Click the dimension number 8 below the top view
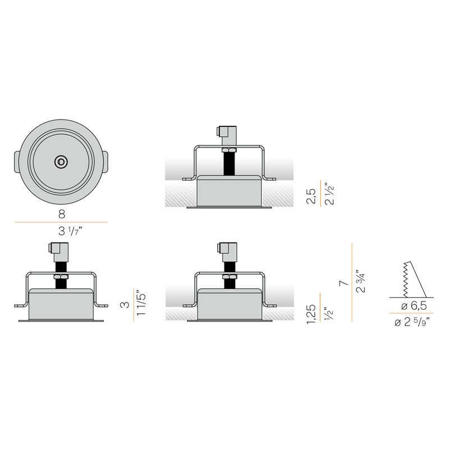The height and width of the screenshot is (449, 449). point(62,214)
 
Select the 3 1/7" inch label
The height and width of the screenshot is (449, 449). point(70,231)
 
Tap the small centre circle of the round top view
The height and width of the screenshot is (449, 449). point(61,162)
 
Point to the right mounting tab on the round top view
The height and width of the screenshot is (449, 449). point(105,162)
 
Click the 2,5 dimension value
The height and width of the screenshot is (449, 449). point(311,196)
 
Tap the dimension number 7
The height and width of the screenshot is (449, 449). point(343,283)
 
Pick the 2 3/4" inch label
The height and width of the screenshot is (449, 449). point(361,281)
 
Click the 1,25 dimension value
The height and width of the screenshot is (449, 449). point(311,314)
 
